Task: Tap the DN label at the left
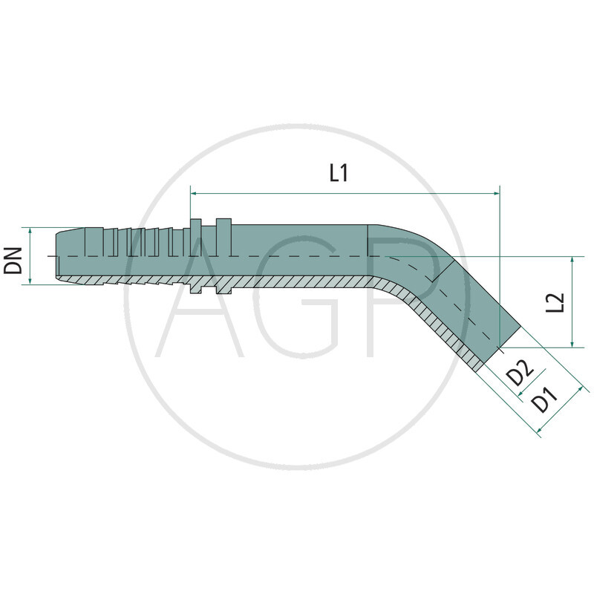point(13,256)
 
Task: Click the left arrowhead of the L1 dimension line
point(195,193)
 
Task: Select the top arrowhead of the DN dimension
point(29,231)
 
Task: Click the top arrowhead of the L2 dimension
point(572,261)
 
